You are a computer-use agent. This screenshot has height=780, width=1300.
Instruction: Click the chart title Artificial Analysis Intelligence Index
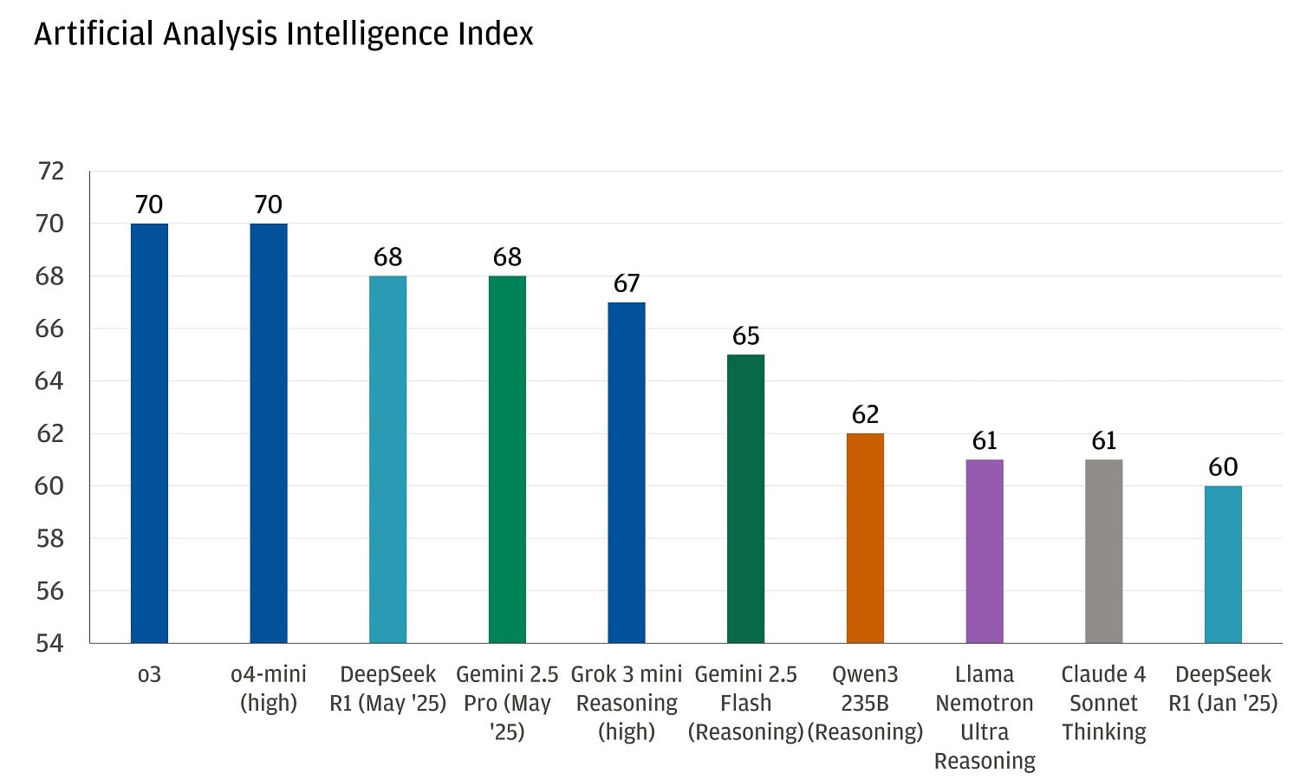[283, 34]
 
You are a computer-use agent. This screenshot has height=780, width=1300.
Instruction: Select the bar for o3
[149, 433]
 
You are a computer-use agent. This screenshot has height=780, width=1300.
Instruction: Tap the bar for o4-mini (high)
[269, 433]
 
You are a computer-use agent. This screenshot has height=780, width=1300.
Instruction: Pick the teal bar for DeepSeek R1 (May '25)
[387, 459]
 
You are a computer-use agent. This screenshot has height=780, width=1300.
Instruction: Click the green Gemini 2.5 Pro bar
[507, 459]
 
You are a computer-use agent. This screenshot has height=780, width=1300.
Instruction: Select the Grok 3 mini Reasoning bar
[627, 472]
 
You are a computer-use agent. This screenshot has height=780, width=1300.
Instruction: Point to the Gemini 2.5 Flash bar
[745, 498]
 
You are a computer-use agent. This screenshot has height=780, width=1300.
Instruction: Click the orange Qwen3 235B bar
[865, 538]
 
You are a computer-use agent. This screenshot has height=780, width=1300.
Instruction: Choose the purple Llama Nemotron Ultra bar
[985, 551]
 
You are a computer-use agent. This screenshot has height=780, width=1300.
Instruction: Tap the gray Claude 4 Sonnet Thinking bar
[1103, 551]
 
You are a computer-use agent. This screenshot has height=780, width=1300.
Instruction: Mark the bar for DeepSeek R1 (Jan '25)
[1223, 564]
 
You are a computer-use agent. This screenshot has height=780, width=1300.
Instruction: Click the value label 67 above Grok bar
[627, 283]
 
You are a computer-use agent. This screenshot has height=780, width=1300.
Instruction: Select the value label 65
[745, 335]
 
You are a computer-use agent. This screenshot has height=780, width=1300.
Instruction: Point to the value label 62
[865, 414]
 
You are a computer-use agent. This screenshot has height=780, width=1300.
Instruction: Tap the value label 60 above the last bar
[1223, 467]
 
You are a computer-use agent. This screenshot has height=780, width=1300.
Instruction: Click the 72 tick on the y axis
[51, 172]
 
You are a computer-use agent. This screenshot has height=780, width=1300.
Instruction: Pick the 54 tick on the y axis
[49, 643]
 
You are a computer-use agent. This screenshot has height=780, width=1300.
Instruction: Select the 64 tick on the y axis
[49, 381]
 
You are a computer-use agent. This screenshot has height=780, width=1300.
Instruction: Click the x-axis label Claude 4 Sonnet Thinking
[1103, 703]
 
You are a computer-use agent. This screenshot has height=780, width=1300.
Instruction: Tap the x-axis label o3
[149, 674]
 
